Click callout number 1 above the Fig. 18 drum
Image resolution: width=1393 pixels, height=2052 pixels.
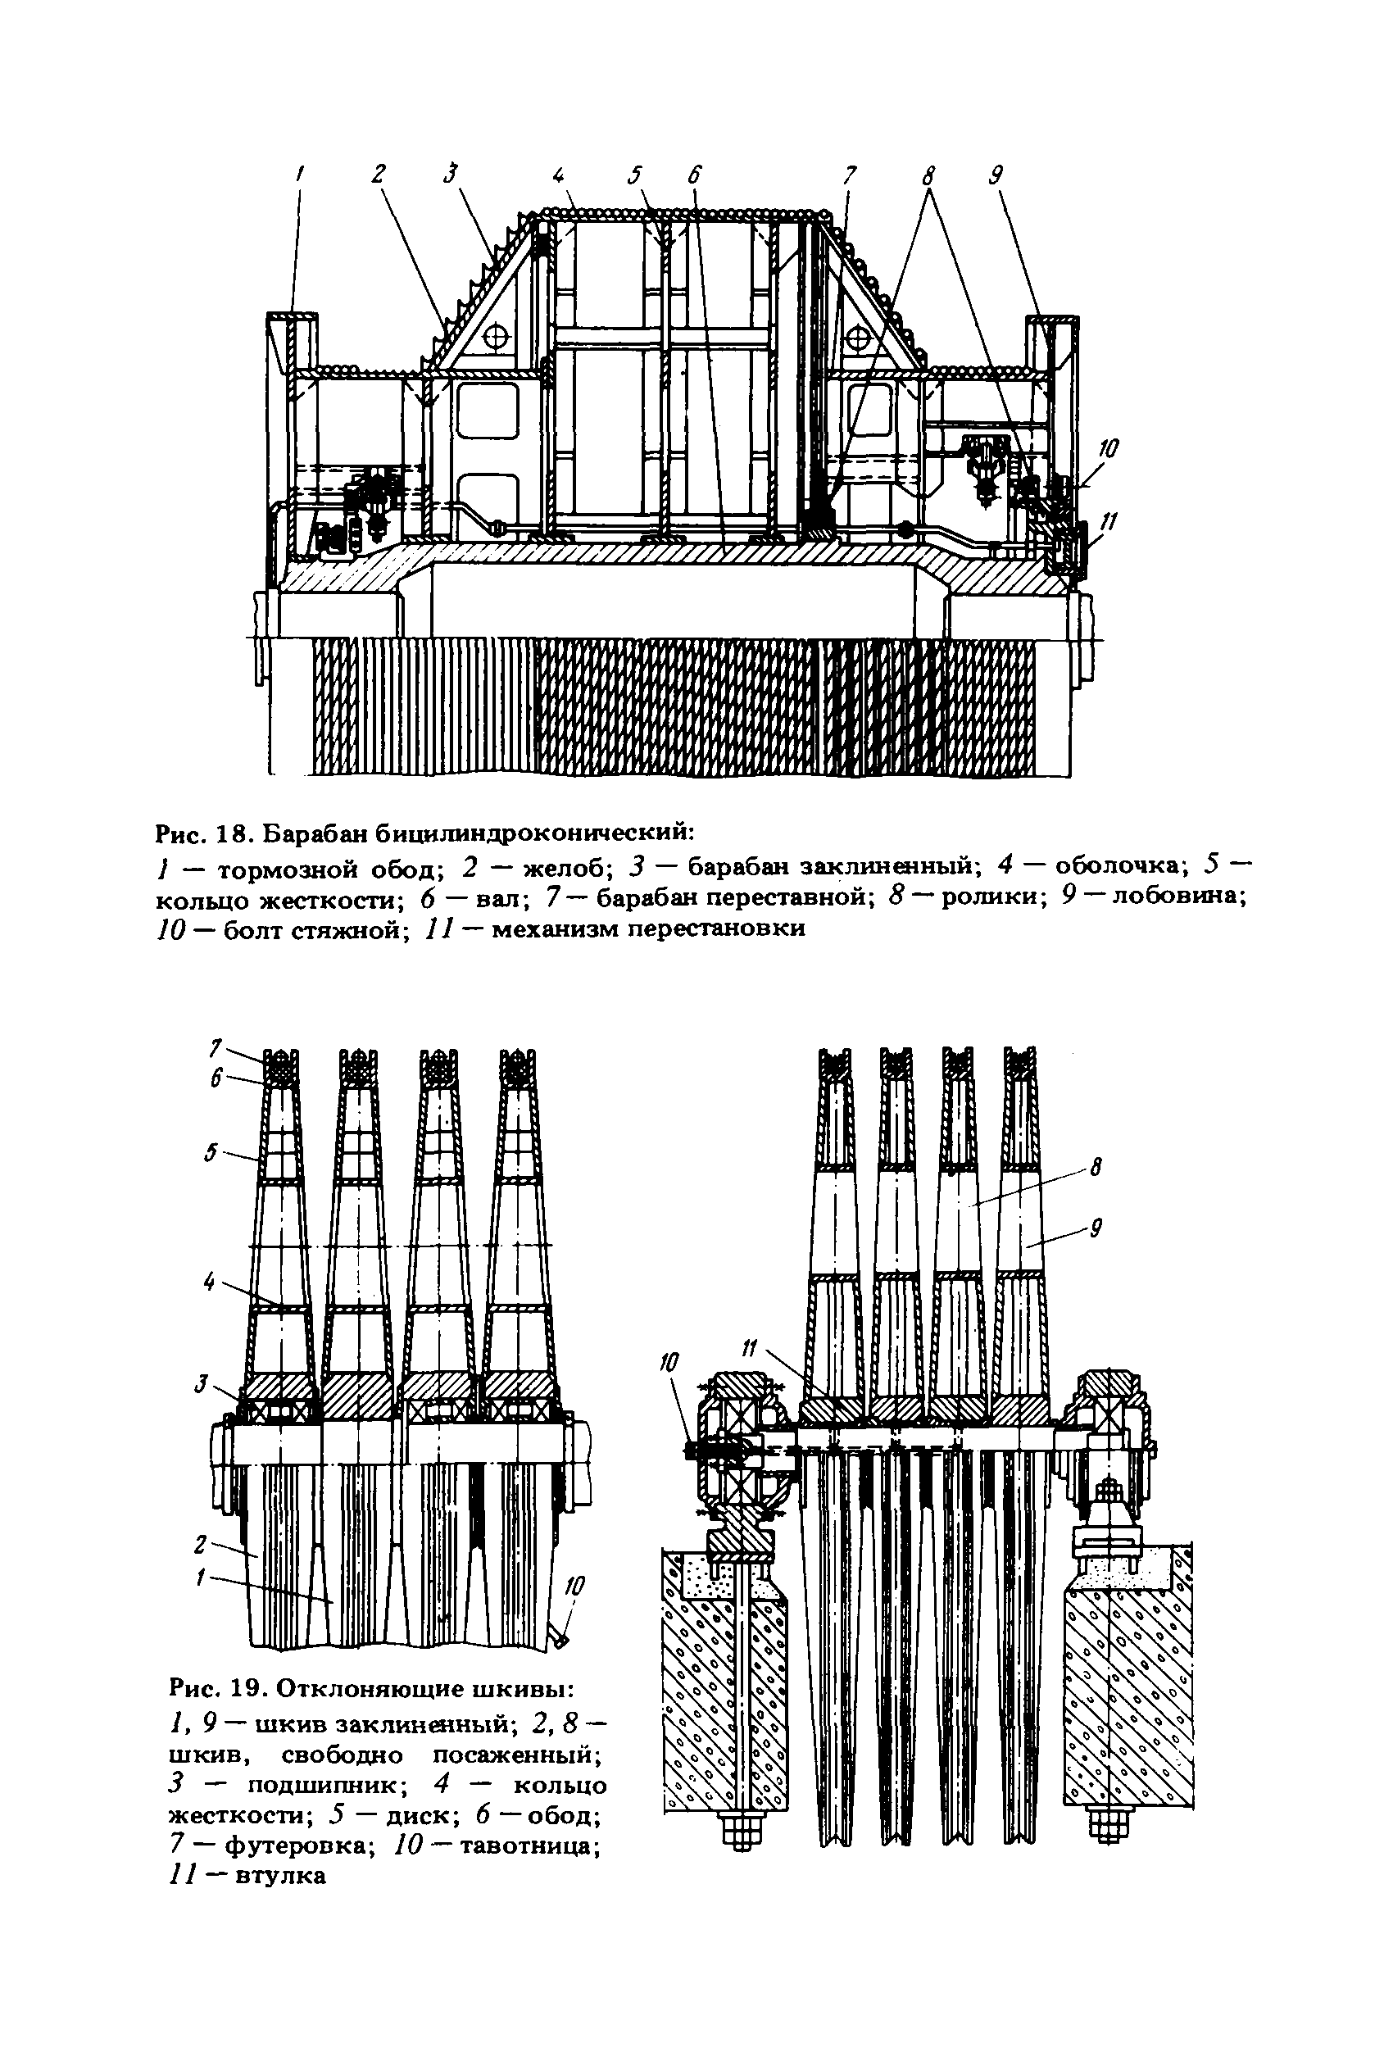tap(301, 175)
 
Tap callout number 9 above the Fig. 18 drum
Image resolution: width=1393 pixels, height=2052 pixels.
tap(995, 175)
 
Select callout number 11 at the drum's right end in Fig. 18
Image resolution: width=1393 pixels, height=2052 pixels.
tap(1108, 523)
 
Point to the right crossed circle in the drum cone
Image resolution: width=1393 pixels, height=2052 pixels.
tap(859, 337)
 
